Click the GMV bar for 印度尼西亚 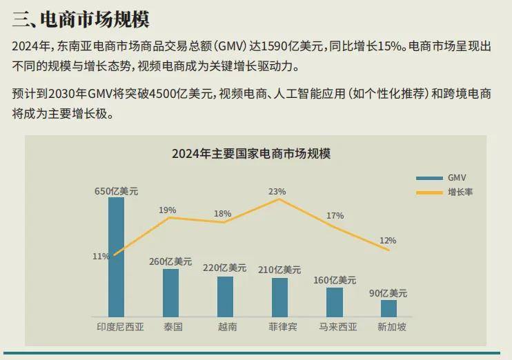point(116,256)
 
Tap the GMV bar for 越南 point(225,297)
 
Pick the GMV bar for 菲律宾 point(279,297)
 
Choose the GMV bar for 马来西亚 point(334,302)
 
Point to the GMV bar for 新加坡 point(388,308)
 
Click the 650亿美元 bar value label point(116,191)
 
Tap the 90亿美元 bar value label point(388,293)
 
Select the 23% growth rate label point(277,191)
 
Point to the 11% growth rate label point(101,256)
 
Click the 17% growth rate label point(335,215)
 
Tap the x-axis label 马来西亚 point(338,326)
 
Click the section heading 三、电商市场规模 point(81,19)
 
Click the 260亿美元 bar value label point(170,261)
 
